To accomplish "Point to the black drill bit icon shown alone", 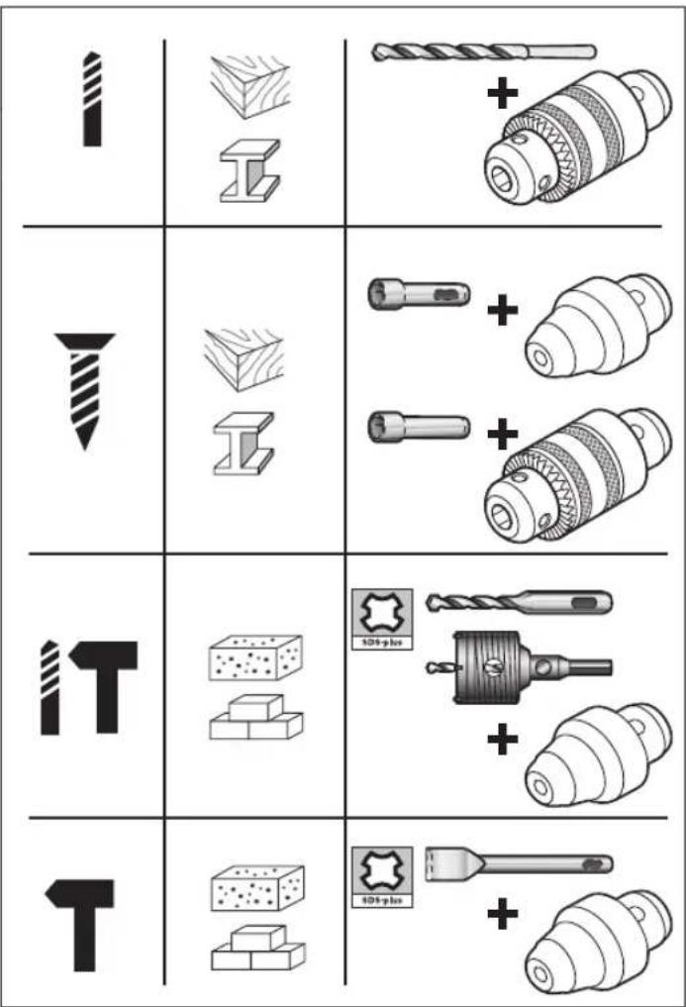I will [91, 99].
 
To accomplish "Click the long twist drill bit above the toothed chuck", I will [484, 50].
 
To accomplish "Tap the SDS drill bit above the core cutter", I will [520, 602].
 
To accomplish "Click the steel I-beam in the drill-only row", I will [247, 170].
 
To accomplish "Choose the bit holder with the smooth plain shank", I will [418, 428].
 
